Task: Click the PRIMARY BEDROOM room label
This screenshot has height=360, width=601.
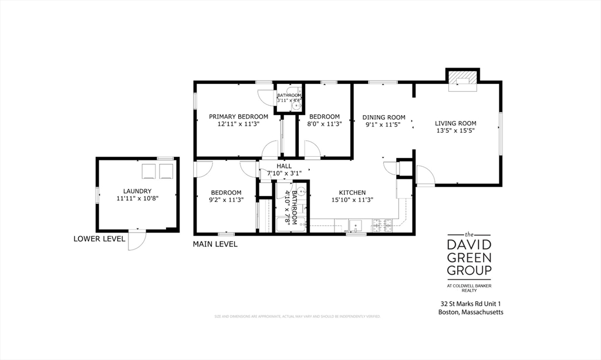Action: coord(238,117)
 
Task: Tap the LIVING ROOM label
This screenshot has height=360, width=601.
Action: coord(455,123)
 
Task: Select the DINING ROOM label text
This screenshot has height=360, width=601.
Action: coord(384,117)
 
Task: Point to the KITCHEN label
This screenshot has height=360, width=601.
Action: coord(352,193)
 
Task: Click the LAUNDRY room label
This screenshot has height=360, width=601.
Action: coord(137,191)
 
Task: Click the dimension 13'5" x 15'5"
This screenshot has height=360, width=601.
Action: coord(455,131)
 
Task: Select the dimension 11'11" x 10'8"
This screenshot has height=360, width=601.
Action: coord(137,199)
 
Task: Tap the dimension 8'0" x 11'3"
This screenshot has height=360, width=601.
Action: coord(325,124)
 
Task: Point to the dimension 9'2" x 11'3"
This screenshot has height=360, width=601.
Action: coord(226,200)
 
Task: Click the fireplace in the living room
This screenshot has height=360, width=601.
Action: coord(463,80)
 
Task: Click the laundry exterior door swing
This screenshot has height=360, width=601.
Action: coord(136,240)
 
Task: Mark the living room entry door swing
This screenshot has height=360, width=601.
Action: coord(424,176)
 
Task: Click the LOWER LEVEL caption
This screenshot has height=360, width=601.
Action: coord(99,239)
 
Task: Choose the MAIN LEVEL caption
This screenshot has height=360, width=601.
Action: coord(215,244)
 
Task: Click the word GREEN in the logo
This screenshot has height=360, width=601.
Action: coord(469,257)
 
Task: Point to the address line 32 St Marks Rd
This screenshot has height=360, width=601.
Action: coord(471,304)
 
